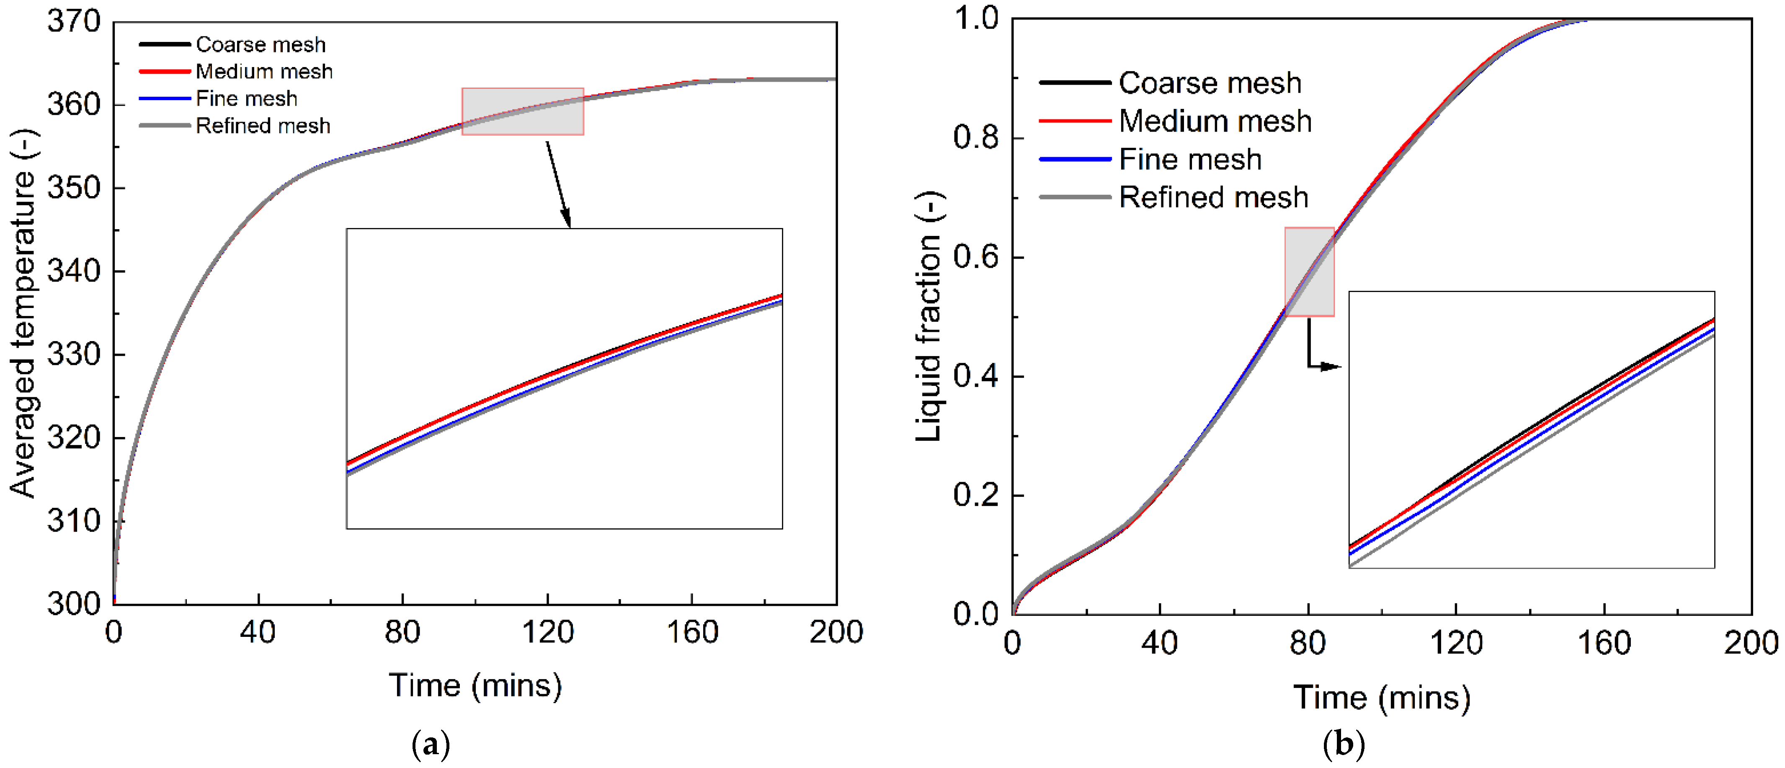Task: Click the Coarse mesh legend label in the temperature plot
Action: (261, 44)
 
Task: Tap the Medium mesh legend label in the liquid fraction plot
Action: (1215, 122)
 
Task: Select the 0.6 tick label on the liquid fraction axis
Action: (976, 257)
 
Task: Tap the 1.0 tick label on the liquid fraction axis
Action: (976, 19)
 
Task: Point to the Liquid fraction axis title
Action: (929, 316)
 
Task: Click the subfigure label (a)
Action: (430, 745)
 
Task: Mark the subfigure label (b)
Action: (1344, 745)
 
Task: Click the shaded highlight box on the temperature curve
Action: (522, 111)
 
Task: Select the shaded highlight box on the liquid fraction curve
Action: (1309, 272)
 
